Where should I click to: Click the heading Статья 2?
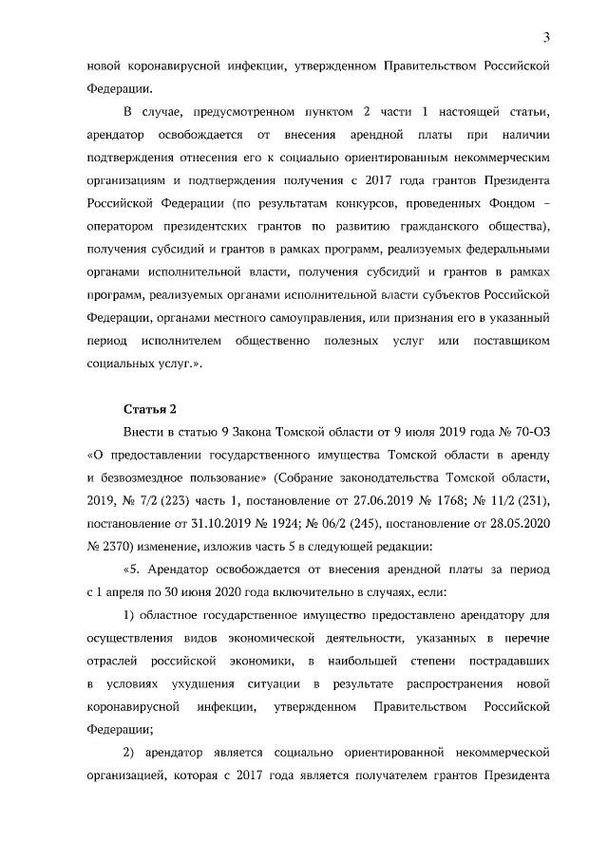(151, 410)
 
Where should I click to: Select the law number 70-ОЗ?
(530, 433)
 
